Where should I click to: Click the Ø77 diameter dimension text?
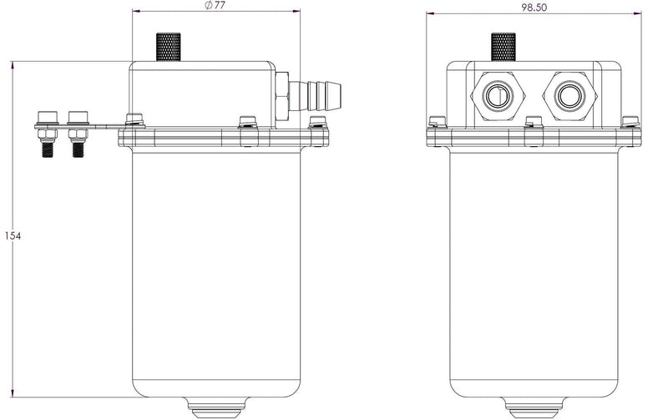tap(215, 6)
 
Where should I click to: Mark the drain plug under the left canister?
tap(215, 409)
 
